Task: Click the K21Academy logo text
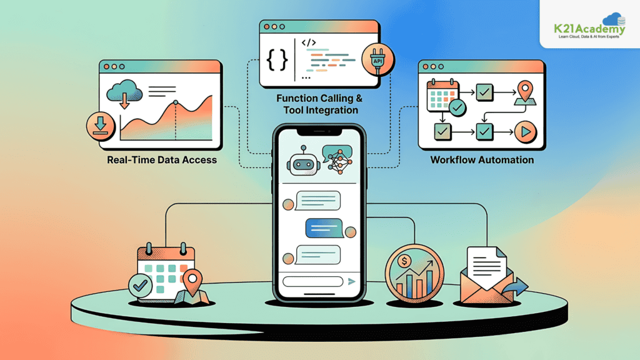tap(589, 29)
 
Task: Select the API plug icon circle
tap(377, 59)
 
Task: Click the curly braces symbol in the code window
tap(277, 60)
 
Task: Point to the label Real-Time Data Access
tap(162, 160)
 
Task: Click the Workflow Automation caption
tap(482, 160)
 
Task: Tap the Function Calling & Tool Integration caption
tap(320, 104)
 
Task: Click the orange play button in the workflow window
tap(526, 132)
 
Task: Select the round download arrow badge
tap(101, 126)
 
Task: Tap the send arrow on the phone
tap(351, 281)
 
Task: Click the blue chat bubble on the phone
tap(324, 228)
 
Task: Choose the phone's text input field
tap(313, 282)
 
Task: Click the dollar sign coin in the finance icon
tap(404, 261)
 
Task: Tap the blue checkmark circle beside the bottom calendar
tap(140, 286)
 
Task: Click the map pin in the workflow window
tap(525, 92)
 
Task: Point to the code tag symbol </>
tap(309, 42)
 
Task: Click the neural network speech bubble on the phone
tap(337, 159)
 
